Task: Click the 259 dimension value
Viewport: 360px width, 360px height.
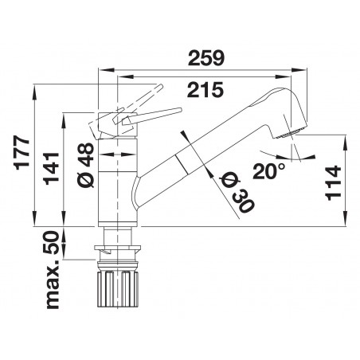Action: (x=206, y=58)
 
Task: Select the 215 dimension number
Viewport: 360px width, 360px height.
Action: (x=205, y=90)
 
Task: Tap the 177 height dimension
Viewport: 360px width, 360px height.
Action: (x=22, y=153)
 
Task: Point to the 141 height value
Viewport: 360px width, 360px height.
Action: (x=51, y=168)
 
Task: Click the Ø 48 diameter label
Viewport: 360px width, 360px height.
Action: (x=85, y=165)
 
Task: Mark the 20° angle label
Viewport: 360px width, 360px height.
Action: (x=268, y=171)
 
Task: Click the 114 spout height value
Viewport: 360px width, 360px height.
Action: (x=333, y=183)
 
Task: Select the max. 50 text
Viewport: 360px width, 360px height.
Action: (x=53, y=270)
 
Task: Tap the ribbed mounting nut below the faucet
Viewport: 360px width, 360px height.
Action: (x=117, y=288)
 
